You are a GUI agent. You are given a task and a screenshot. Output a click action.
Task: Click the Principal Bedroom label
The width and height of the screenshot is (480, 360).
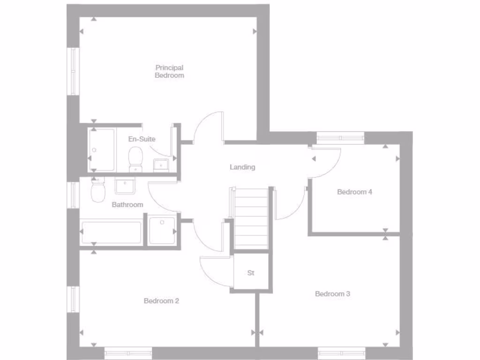169,71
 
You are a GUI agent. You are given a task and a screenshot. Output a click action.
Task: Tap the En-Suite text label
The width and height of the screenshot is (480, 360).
142,139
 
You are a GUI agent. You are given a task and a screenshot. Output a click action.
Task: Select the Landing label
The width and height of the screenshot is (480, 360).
242,167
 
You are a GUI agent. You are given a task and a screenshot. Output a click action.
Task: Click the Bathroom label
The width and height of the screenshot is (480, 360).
127,205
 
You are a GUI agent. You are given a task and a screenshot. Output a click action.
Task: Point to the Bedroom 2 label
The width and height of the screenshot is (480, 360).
161,301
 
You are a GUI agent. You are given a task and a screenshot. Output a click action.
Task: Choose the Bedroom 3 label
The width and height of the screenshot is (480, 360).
332,294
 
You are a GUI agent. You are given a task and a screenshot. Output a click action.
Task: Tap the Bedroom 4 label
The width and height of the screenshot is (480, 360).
354,192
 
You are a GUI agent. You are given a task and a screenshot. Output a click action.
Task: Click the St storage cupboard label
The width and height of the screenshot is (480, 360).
251,273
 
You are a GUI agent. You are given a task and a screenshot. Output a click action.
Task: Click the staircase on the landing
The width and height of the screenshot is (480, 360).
251,218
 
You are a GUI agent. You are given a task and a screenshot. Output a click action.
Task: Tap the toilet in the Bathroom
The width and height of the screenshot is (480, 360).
98,191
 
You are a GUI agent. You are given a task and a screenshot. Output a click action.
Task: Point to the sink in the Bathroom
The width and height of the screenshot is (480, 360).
125,186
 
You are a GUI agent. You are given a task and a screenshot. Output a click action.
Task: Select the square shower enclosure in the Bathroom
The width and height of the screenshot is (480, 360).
162,231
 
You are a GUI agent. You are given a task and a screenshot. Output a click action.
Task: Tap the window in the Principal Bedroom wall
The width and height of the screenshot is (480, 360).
74,71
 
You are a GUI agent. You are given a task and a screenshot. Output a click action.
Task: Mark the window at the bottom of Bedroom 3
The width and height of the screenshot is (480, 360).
342,352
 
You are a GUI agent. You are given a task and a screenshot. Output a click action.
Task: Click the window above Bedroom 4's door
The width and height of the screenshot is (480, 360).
341,138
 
